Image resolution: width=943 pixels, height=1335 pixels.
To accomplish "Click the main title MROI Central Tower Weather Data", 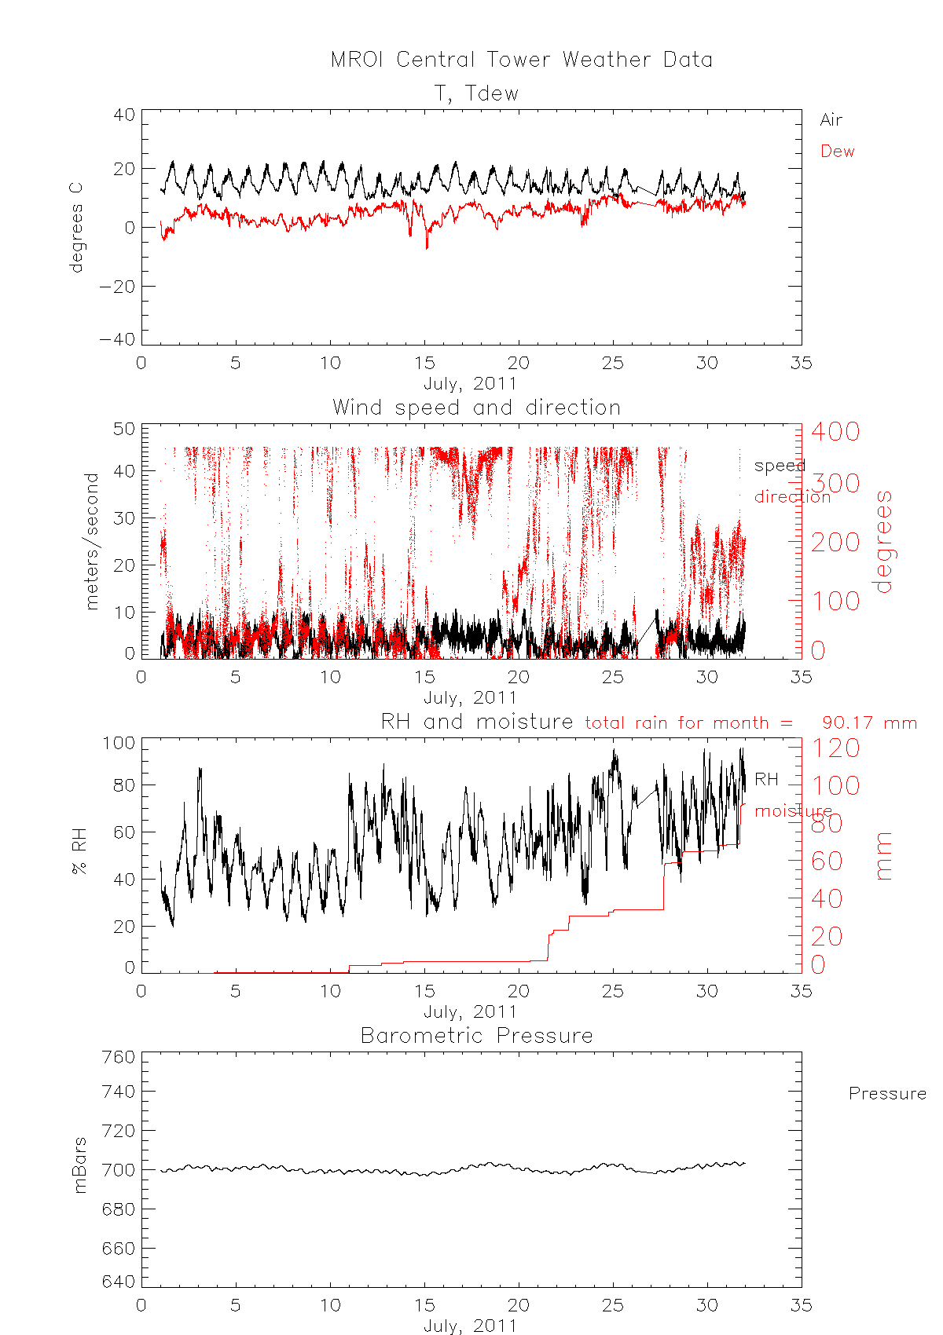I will (521, 60).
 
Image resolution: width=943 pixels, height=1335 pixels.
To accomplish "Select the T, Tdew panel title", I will (477, 93).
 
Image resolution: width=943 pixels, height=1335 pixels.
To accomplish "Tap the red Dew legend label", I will (837, 152).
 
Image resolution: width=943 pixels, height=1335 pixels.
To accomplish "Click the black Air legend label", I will (831, 120).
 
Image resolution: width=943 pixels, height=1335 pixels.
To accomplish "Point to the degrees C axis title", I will (75, 228).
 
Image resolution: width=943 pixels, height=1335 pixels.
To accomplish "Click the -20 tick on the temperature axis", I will (117, 287).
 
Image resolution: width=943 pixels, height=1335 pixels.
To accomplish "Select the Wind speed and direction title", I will (476, 408).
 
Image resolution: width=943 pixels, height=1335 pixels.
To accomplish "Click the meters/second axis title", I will (92, 541).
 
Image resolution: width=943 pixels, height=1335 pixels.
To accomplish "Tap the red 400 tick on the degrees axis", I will (835, 431).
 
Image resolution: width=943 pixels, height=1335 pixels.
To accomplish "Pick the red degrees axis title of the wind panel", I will (884, 541).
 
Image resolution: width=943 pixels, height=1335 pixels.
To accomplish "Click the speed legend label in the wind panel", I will (780, 466).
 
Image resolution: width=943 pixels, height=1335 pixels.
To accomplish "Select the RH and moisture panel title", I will (476, 722).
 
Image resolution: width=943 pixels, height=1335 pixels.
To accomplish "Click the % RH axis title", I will (79, 855).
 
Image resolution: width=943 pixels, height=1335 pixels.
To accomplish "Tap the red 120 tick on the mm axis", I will (835, 748).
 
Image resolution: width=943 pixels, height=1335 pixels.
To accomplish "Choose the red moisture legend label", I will (793, 810).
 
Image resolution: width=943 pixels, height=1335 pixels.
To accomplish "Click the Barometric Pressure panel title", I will (476, 1036).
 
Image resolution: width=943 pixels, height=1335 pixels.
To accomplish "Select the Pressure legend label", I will (887, 1094).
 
